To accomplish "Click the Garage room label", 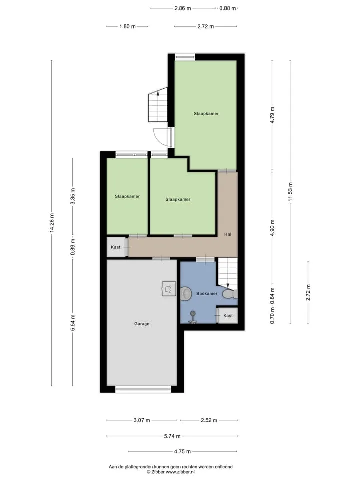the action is [x=142, y=324].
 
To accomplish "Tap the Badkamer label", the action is [x=207, y=293].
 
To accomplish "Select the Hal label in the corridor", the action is [x=228, y=234].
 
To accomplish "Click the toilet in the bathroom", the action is [x=230, y=294].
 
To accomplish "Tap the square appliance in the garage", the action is [x=169, y=289].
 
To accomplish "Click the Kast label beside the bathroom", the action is [x=228, y=315].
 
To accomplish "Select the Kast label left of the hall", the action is [x=115, y=247].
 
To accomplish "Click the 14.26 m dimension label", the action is [x=51, y=223].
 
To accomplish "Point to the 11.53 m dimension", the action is [x=290, y=192].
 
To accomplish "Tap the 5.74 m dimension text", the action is [x=172, y=436].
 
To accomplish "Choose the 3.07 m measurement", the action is [x=142, y=420].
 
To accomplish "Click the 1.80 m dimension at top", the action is [x=127, y=26].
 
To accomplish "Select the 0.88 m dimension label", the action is [x=228, y=8].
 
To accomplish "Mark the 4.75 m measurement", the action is [x=183, y=451].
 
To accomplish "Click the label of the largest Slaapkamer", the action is [x=206, y=114].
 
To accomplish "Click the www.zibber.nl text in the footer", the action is [x=180, y=472].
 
